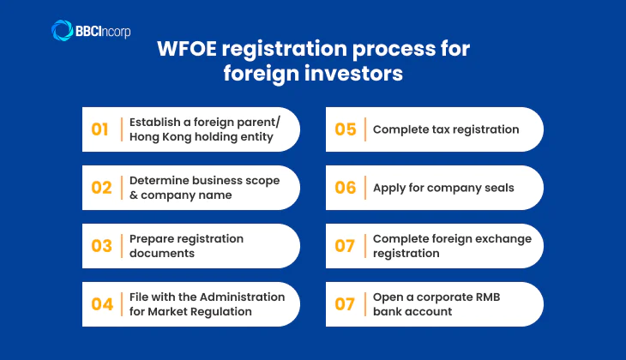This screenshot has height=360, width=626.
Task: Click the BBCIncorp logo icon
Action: click(63, 31)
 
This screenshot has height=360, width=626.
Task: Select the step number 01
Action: click(100, 129)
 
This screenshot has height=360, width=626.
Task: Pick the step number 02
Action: click(101, 188)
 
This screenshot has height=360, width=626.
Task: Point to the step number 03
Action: click(101, 246)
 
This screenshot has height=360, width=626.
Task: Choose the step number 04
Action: click(101, 304)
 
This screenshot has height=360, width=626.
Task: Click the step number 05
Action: click(345, 129)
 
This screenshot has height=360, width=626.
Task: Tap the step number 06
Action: click(345, 188)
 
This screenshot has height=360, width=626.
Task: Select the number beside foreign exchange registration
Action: click(345, 246)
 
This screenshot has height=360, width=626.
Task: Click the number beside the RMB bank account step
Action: click(345, 304)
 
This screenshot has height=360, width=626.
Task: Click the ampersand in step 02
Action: click(134, 195)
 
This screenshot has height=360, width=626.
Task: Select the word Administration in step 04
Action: click(240, 297)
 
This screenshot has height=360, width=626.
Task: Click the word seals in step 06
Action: click(497, 188)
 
